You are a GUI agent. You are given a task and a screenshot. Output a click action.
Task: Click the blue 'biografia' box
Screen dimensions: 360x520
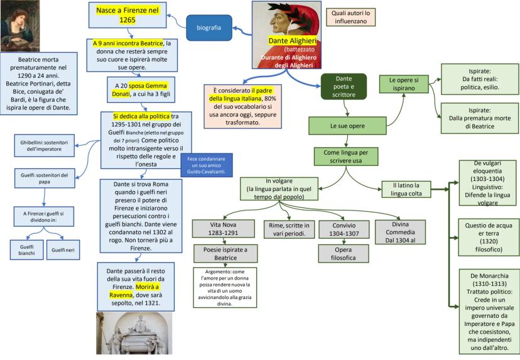tap(209, 28)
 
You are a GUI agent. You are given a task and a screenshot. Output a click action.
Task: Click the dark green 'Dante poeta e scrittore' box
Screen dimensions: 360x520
tap(344, 86)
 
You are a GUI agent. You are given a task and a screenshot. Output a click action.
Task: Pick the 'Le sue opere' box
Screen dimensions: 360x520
tap(347, 126)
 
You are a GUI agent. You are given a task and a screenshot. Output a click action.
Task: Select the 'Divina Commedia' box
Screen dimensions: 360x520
tap(400, 232)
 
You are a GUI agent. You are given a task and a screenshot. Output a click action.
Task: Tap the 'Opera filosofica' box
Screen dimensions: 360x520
tap(339, 253)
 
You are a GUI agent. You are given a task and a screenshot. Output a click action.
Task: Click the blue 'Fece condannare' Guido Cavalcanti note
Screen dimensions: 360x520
tap(206, 164)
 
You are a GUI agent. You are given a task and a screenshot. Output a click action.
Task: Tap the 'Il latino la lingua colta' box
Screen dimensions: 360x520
tap(406, 189)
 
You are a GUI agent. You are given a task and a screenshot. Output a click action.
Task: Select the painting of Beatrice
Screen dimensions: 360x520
tap(19, 25)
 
